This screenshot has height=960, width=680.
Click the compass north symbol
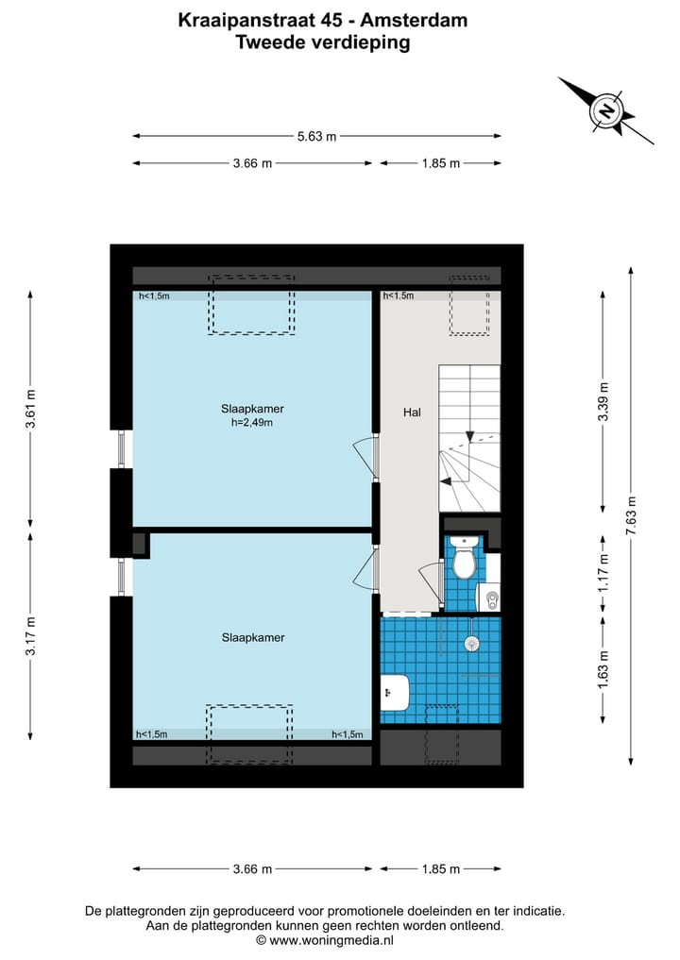(605, 112)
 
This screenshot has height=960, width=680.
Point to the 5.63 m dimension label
(316, 136)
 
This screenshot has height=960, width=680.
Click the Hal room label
(412, 412)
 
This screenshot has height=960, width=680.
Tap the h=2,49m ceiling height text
(252, 422)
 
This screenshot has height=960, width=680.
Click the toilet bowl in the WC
(463, 561)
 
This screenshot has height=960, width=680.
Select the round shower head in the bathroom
(472, 642)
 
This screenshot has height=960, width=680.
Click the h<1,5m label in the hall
(399, 296)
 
